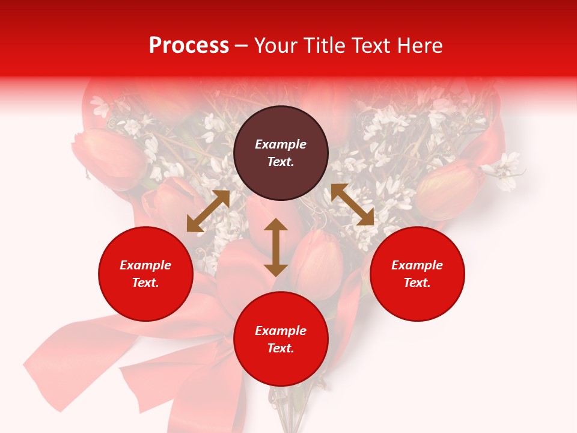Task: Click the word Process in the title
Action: [189, 46]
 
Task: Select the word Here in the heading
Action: [420, 46]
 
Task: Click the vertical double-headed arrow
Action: [276, 247]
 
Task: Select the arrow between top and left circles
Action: [208, 211]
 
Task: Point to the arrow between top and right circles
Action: [352, 204]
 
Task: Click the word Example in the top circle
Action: [281, 144]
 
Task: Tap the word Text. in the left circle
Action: [145, 283]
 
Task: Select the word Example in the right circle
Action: [417, 265]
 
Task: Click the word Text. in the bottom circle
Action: [281, 348]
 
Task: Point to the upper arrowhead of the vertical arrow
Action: [276, 225]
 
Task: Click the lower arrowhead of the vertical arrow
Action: [276, 269]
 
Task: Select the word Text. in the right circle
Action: [417, 283]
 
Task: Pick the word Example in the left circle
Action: [145, 265]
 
